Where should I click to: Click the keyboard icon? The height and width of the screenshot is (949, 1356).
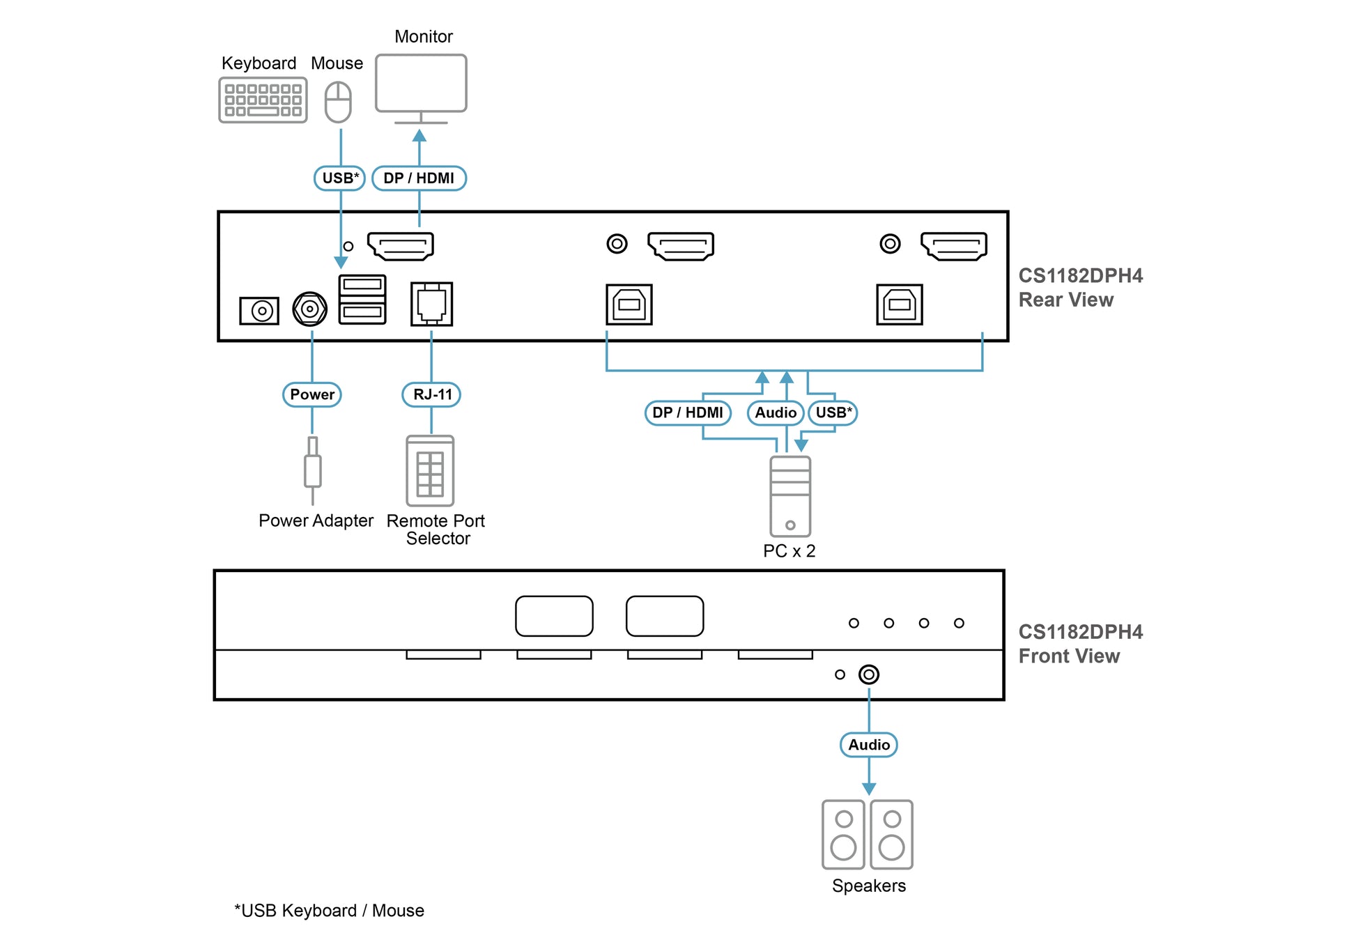coord(263,100)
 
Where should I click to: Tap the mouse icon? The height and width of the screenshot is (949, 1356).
coord(338,102)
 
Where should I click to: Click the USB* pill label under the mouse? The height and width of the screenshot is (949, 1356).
coord(340,178)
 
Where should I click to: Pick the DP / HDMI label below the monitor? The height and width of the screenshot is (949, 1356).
coord(419,178)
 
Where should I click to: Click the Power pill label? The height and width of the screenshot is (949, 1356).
coord(312,394)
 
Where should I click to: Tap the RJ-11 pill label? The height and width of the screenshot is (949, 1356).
coord(432,394)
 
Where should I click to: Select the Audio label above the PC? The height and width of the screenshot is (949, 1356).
coord(776,412)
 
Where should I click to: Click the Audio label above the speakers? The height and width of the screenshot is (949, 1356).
coord(869,745)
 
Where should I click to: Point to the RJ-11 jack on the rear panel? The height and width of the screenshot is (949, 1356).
coord(431,304)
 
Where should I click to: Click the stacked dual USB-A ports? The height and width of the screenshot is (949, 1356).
coord(362,299)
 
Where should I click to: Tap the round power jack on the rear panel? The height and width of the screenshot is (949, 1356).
coord(310,309)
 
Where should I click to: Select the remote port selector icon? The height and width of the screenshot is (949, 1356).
coord(430,471)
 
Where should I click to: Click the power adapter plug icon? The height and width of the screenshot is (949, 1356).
coord(313,470)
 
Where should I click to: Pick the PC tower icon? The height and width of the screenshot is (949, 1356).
coord(790,496)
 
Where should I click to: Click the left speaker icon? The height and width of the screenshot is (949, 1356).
coord(843,835)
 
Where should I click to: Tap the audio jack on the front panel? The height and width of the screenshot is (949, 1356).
coord(869,674)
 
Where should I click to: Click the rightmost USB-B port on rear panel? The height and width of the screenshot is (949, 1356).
coord(900,304)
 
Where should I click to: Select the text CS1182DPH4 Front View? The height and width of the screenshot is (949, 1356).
coord(1080,644)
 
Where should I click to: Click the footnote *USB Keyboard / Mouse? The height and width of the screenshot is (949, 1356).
coord(329,911)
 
